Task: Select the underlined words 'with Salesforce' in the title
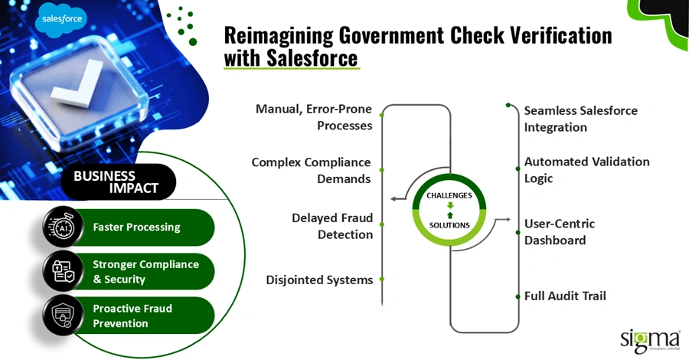pyautogui.click(x=291, y=58)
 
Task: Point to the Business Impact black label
pyautogui.click(x=116, y=182)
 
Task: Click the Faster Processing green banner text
pyautogui.click(x=136, y=227)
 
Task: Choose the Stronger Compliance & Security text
pyautogui.click(x=145, y=271)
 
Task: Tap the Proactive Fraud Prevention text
pyautogui.click(x=132, y=316)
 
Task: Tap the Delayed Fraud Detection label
pyautogui.click(x=332, y=225)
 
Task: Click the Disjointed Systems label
pyautogui.click(x=319, y=280)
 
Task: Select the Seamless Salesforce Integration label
pyautogui.click(x=580, y=119)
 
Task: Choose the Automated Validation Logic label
pyautogui.click(x=586, y=170)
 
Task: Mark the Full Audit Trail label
pyautogui.click(x=565, y=295)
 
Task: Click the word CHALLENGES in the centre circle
pyautogui.click(x=449, y=196)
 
